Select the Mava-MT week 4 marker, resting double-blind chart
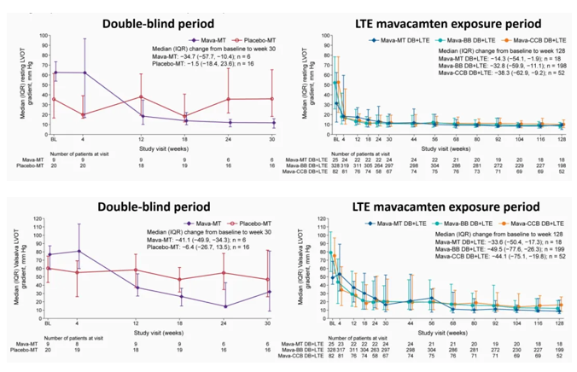[x=84, y=73]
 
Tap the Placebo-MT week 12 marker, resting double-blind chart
[x=142, y=96]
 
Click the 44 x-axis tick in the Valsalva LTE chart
[x=411, y=327]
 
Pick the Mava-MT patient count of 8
[x=84, y=344]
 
